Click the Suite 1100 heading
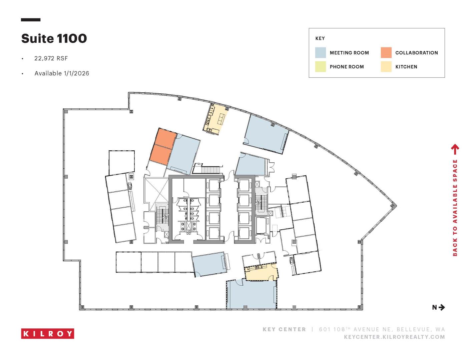(x=54, y=39)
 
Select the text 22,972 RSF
(x=51, y=58)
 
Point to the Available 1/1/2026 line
(x=62, y=73)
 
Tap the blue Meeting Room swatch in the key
(x=320, y=53)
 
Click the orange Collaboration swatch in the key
(x=386, y=53)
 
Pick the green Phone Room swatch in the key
(x=320, y=66)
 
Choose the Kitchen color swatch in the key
(x=386, y=66)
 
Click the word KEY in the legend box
(x=320, y=38)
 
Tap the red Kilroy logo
(x=48, y=333)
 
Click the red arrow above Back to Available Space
(x=455, y=149)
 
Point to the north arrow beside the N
(x=442, y=307)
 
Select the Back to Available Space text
(x=455, y=208)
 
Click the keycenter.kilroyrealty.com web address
(x=394, y=337)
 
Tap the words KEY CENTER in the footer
(x=284, y=329)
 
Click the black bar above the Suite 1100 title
(x=31, y=20)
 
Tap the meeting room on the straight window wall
(x=252, y=294)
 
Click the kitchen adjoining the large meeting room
(x=262, y=272)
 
